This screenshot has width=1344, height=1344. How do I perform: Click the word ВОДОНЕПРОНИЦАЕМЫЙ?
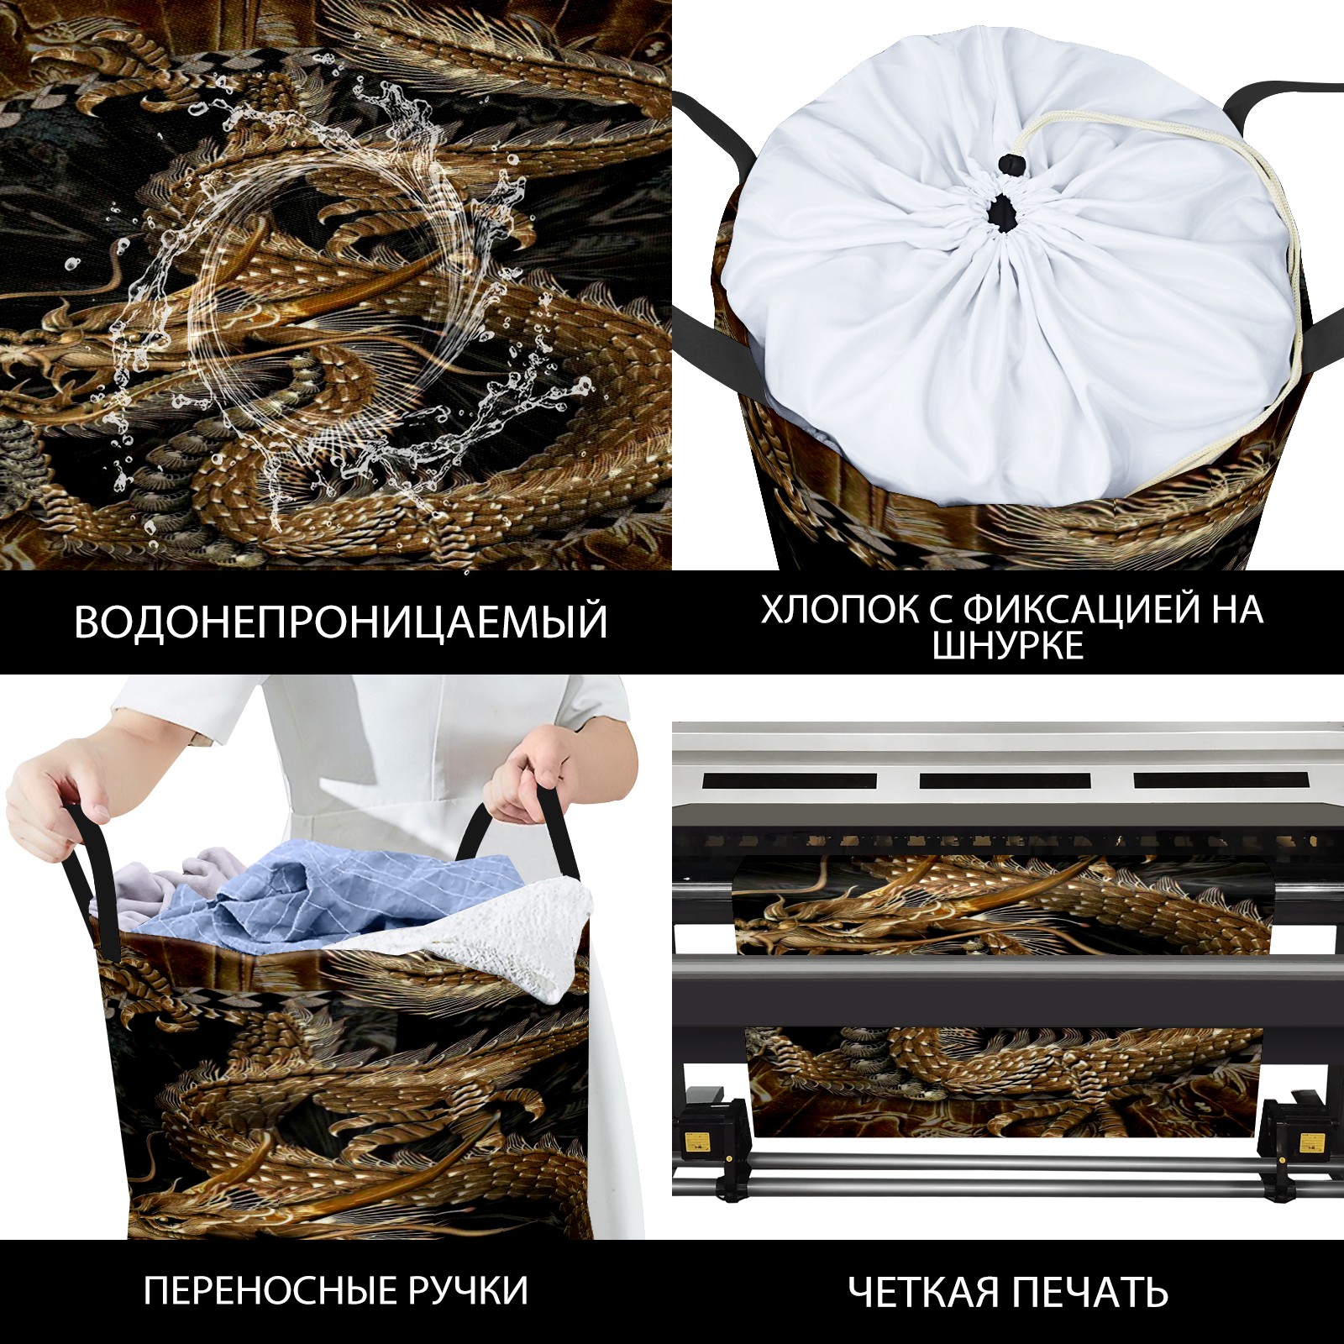(341, 622)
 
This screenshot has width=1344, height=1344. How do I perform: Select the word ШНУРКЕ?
(1008, 645)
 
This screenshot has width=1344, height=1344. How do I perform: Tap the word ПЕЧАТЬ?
(1089, 1292)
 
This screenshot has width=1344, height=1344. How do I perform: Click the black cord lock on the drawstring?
(1006, 165)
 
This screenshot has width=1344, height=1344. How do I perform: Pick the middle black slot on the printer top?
(1005, 780)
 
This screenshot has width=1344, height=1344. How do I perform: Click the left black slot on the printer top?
(790, 780)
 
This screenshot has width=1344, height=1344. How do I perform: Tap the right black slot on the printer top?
(1220, 780)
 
